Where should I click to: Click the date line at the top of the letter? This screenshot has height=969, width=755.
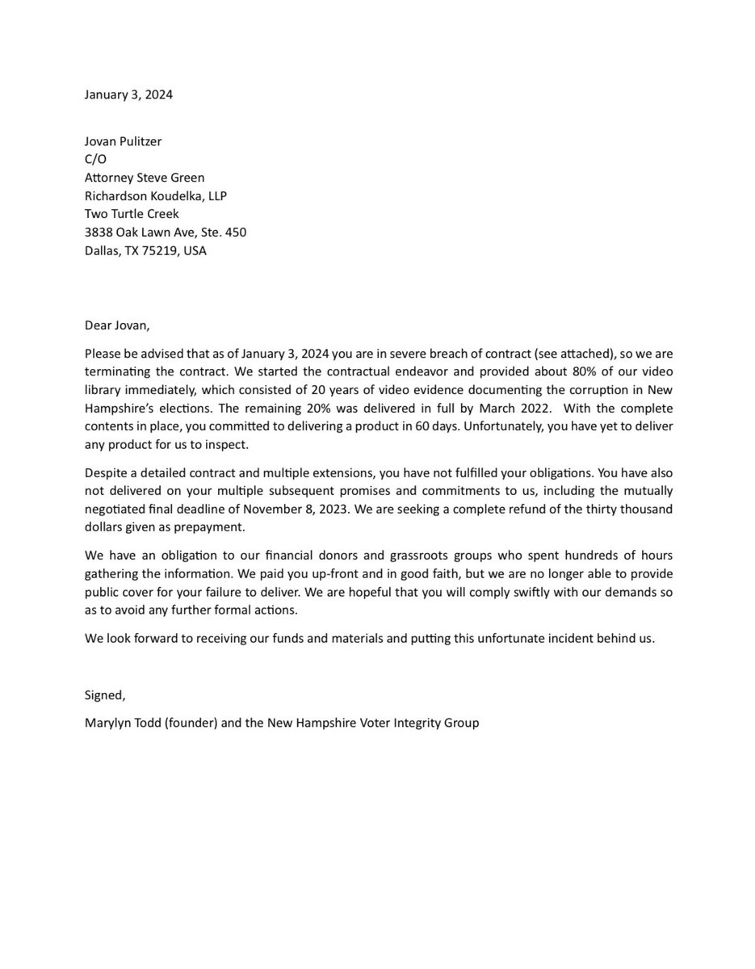tap(128, 94)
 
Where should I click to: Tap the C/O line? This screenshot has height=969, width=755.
tap(95, 160)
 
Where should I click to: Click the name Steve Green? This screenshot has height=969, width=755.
tap(173, 178)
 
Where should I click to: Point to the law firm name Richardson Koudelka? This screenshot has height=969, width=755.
tap(145, 196)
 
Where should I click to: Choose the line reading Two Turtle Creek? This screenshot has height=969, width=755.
tap(131, 214)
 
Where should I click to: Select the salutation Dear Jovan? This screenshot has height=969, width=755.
tap(117, 325)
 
